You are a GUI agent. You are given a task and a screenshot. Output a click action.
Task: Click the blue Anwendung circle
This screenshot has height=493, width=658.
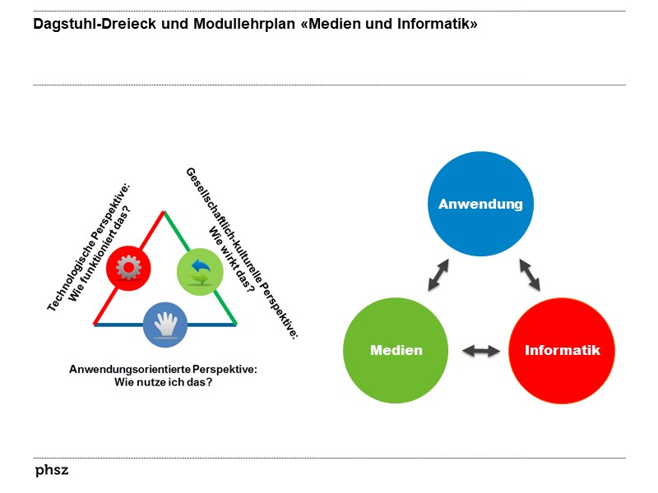click(480, 204)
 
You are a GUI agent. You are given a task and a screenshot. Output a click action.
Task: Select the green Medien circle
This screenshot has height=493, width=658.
click(396, 350)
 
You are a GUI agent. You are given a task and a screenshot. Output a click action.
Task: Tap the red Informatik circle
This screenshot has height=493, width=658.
click(563, 350)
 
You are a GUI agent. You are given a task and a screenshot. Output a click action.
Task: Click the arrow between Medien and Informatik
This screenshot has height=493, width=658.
click(481, 351)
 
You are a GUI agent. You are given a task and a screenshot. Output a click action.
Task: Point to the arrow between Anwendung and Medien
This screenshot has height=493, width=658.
click(438, 275)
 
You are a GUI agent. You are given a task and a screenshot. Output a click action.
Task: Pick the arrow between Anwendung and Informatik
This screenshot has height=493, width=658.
click(529, 275)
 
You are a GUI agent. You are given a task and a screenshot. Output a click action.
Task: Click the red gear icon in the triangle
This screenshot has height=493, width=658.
click(128, 267)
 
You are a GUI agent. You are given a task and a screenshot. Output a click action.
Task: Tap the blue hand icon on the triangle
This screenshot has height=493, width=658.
click(165, 324)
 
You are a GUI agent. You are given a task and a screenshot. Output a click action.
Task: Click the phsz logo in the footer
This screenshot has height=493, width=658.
click(52, 471)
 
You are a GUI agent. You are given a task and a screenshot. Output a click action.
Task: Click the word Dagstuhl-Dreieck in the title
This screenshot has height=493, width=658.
click(86, 24)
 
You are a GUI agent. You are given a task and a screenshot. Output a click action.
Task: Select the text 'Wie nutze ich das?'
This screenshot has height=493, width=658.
click(163, 382)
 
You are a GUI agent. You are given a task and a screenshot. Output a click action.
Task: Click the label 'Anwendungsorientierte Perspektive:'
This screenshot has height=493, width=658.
click(163, 370)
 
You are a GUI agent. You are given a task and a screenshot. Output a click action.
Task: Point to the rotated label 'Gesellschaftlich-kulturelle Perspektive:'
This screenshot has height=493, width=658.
click(243, 251)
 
